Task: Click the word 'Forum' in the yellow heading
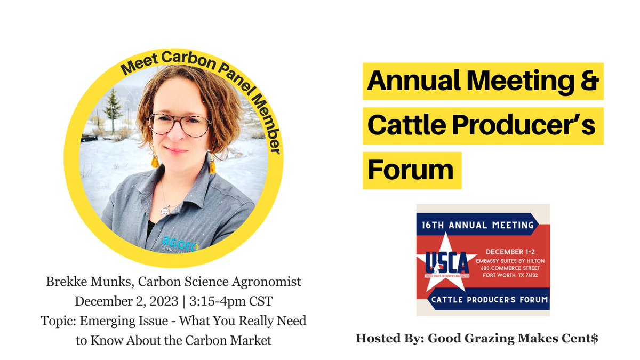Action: point(411,170)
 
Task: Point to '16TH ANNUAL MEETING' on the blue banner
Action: point(483,225)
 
